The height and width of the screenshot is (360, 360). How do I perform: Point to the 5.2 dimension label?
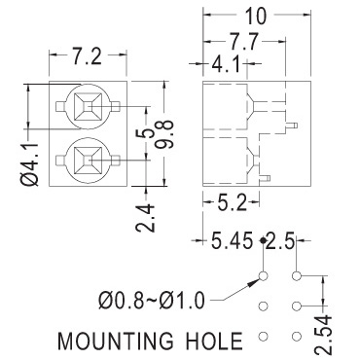click(232, 203)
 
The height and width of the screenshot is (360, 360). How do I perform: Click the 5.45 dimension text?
click(232, 240)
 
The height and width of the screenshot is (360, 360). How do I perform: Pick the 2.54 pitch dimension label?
click(324, 335)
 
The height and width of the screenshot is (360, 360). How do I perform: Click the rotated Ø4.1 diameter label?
click(30, 163)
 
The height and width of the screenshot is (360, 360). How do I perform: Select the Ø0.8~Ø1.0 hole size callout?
click(152, 301)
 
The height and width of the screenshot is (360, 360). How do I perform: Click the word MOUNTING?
click(115, 341)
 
